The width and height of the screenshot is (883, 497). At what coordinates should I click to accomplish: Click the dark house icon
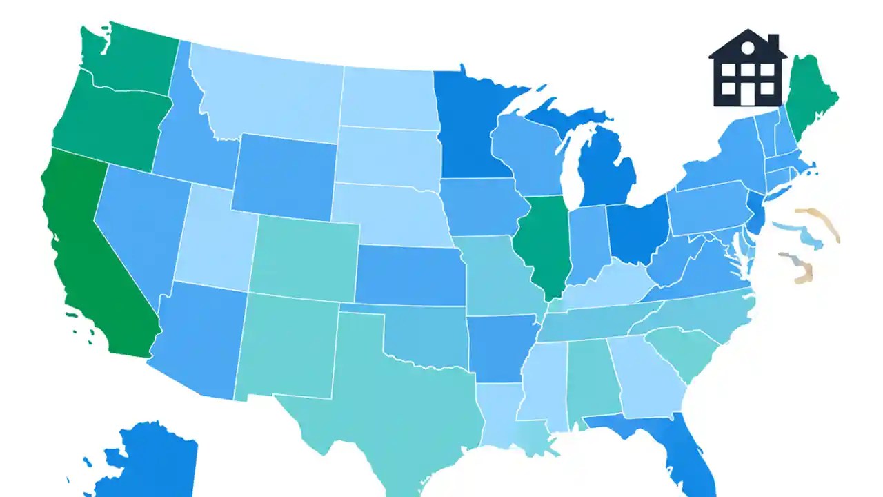[748, 69]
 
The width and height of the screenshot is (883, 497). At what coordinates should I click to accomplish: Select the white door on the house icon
[748, 95]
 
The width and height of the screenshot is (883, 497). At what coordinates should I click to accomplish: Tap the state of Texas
[386, 400]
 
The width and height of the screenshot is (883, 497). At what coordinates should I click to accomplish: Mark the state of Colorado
[304, 255]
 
